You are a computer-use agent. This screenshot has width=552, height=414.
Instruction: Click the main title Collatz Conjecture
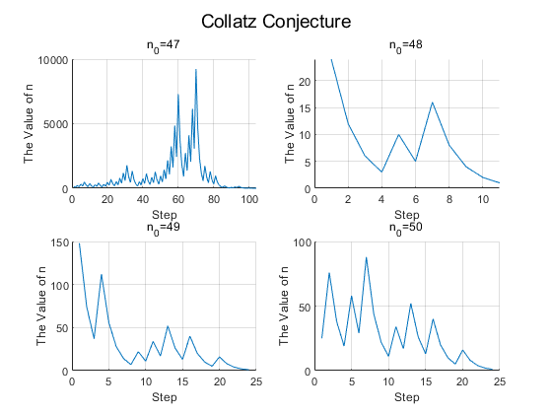[276, 22]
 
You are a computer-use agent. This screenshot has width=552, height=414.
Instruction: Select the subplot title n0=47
[163, 45]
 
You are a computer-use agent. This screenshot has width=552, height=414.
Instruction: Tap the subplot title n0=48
[405, 45]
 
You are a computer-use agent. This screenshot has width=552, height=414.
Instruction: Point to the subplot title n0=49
[163, 228]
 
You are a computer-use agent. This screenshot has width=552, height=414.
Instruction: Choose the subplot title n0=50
[405, 228]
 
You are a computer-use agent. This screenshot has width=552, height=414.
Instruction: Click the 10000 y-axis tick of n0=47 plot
[53, 60]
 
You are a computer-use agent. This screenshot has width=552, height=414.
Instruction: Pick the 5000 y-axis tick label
[55, 124]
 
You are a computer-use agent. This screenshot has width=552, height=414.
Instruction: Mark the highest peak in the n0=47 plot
[196, 70]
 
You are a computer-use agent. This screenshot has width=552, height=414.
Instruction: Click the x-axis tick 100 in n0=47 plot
[249, 199]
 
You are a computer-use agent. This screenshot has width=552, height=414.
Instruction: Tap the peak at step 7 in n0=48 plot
[433, 103]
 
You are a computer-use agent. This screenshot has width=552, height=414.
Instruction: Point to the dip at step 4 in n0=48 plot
[381, 172]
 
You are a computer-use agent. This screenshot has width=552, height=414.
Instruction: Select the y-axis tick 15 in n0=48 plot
[305, 107]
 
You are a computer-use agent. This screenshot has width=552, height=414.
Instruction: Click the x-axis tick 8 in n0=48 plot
[449, 199]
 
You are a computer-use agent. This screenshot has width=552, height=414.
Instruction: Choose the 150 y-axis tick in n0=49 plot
[59, 242]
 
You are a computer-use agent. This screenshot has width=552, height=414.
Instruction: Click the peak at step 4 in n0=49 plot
[102, 275]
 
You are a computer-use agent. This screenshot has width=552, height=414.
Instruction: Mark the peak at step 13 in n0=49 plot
[168, 326]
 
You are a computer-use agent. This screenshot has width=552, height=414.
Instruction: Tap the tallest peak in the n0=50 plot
[366, 257]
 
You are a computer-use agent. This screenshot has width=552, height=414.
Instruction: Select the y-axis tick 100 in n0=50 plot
[302, 242]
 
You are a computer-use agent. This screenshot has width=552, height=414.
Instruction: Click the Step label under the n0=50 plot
[407, 397]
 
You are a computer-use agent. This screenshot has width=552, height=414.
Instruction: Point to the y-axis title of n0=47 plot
[29, 124]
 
